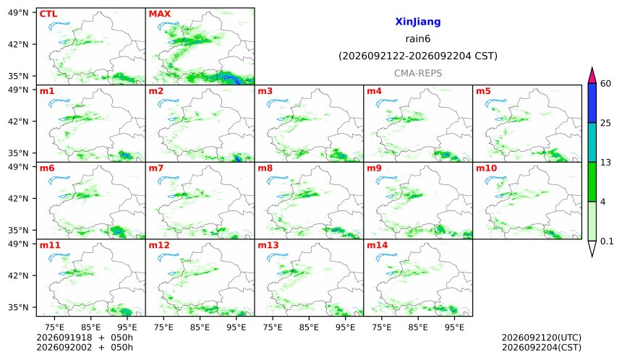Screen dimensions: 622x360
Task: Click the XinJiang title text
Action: [x=418, y=22]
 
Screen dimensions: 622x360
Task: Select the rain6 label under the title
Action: [x=418, y=39]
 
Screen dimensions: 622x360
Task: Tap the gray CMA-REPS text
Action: [x=418, y=73]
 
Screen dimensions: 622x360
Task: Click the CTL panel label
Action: [x=48, y=14]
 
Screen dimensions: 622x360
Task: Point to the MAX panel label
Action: [x=159, y=14]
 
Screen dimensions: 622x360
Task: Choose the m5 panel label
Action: [x=483, y=91]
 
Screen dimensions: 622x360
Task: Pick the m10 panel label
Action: [x=486, y=168]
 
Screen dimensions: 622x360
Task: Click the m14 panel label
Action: [x=377, y=245]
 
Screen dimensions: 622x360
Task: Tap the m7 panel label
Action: [x=156, y=168]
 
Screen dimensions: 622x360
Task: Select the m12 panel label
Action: [x=158, y=245]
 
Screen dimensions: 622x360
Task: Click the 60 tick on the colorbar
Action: [x=606, y=84]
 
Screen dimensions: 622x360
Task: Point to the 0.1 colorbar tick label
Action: [x=607, y=241]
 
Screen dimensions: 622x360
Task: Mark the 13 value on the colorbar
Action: [x=605, y=163]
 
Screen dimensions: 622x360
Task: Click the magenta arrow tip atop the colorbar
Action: [x=592, y=68]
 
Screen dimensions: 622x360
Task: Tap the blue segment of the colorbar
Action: [x=592, y=103]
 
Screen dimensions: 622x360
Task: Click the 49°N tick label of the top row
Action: [x=18, y=13]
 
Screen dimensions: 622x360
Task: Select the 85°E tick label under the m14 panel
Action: [x=418, y=327]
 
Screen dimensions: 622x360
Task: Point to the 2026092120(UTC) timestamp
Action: [x=542, y=338]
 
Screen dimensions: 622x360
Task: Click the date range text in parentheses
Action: [x=418, y=56]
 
